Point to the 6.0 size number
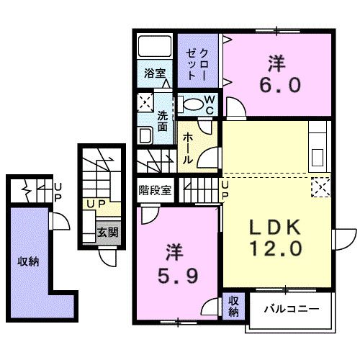[276, 85]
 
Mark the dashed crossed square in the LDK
[321, 186]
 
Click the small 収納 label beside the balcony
[234, 306]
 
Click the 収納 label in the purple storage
[28, 261]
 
